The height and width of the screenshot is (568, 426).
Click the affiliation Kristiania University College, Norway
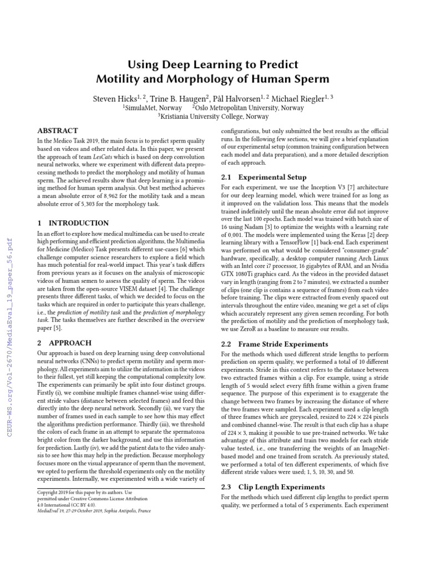[x=214, y=116]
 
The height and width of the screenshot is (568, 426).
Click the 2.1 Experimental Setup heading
[x=263, y=177]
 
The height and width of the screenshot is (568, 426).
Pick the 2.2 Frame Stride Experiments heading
[x=275, y=344]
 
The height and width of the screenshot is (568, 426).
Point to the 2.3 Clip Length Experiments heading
[x=273, y=486]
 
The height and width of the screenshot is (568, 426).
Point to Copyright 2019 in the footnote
[x=54, y=492]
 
